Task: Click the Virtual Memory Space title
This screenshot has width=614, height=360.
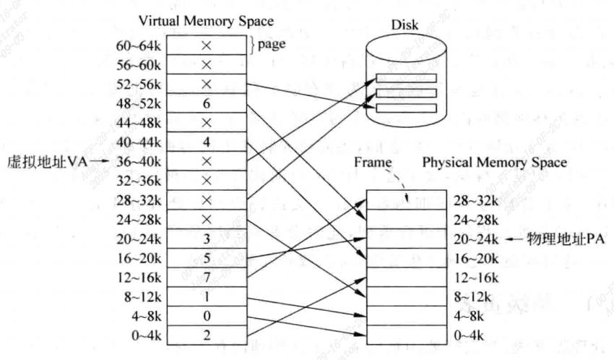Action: coord(206,22)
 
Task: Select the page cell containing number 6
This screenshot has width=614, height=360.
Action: coord(207,103)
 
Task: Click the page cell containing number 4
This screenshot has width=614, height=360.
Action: coord(207,142)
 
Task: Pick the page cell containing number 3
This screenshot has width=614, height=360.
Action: coord(207,238)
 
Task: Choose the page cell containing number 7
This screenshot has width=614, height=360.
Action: coord(207,276)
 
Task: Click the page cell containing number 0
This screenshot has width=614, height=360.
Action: coord(207,315)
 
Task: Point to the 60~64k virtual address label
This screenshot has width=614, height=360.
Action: coord(139,46)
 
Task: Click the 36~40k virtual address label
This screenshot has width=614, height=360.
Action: coord(139,161)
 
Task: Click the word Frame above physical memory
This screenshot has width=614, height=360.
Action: coord(373,163)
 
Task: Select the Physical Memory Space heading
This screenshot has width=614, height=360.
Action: coord(495,163)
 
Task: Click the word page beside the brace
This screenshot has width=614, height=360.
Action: coord(272,44)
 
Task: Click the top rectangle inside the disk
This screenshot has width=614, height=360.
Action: coord(407,79)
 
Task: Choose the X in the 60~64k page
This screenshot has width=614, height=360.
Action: coord(207,46)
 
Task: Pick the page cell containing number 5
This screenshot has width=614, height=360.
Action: coord(207,257)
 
